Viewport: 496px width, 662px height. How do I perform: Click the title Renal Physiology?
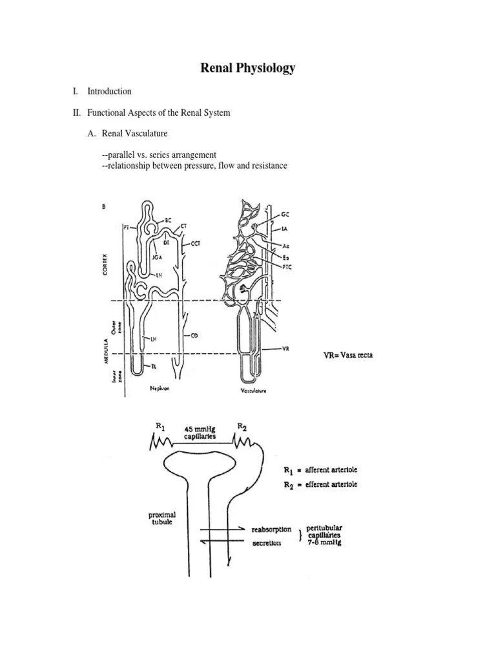pyautogui.click(x=248, y=68)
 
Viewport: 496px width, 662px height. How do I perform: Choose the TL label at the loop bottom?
pyautogui.click(x=154, y=367)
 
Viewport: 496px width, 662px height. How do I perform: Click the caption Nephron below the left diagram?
pyautogui.click(x=159, y=389)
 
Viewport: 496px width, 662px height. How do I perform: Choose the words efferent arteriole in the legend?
pyautogui.click(x=330, y=484)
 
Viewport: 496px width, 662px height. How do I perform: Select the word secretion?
pyautogui.click(x=266, y=543)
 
